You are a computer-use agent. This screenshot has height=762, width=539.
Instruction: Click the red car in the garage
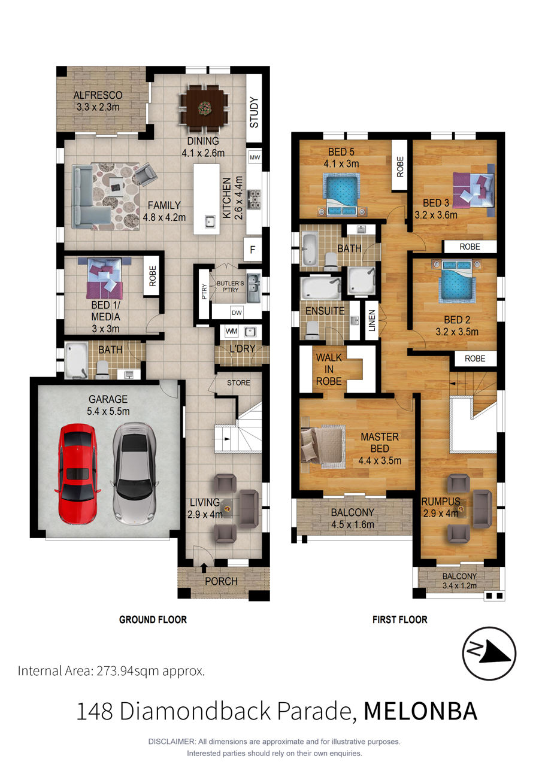tap(78, 474)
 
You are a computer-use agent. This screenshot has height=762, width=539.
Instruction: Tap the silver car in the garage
tap(134, 473)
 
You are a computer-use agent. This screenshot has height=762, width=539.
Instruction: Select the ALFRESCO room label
tap(98, 95)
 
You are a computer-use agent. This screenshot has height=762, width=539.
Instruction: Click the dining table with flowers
tap(204, 109)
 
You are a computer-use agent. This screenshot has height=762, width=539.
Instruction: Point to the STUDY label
tap(254, 113)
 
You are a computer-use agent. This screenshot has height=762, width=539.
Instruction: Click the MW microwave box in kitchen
tap(255, 157)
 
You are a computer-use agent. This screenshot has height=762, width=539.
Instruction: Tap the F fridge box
tap(253, 250)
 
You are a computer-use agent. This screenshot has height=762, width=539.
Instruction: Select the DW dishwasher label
tap(237, 312)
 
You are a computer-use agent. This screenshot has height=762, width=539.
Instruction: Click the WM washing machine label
tap(231, 331)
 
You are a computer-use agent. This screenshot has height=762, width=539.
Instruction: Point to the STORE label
tap(238, 382)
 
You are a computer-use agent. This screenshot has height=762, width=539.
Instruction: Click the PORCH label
tap(221, 581)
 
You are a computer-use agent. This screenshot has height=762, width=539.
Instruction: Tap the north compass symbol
tap(489, 654)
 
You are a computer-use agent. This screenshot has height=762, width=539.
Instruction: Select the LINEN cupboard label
tap(372, 320)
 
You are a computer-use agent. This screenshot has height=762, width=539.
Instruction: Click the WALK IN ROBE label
tap(329, 369)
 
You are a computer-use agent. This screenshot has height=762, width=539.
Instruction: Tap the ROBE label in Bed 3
tap(470, 247)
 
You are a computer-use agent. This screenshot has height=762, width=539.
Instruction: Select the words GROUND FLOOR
tap(153, 620)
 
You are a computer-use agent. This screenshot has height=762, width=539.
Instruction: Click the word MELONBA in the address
tap(420, 711)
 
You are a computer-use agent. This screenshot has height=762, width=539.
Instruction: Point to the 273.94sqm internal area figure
tap(128, 671)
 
